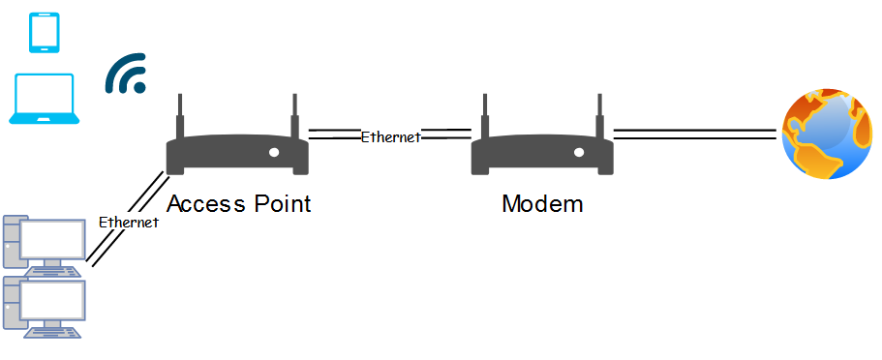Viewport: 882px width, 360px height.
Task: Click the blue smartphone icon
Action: click(45, 33)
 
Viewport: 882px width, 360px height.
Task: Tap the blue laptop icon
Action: click(44, 99)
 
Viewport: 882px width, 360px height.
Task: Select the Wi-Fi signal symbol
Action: click(126, 74)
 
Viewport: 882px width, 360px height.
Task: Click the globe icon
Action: click(826, 135)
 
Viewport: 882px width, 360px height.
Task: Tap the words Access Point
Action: click(238, 203)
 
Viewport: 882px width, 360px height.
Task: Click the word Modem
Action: click(542, 203)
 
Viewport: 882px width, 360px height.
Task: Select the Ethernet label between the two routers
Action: click(390, 136)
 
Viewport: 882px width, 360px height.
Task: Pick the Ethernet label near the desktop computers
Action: click(129, 223)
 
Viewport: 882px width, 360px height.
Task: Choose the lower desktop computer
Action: click(44, 307)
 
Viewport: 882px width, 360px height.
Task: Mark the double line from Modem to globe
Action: click(695, 134)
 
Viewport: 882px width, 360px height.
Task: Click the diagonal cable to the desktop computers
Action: click(127, 220)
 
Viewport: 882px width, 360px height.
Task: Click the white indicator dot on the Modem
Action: click(579, 153)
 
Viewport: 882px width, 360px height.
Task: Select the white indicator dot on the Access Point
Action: click(274, 153)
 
